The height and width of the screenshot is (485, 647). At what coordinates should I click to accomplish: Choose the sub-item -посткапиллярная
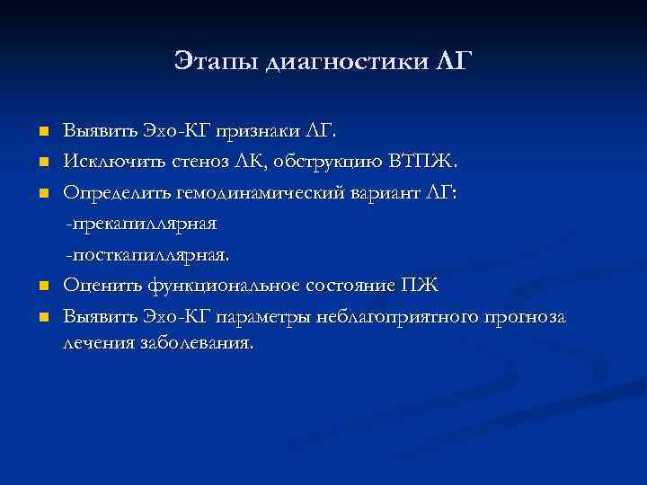[147, 254]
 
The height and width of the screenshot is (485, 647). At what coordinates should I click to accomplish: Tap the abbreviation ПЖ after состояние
[421, 286]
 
